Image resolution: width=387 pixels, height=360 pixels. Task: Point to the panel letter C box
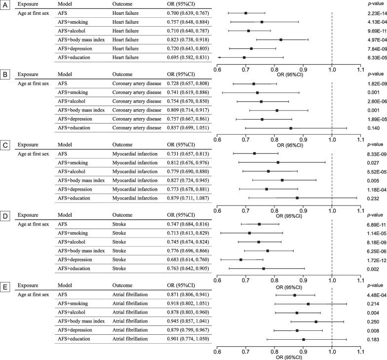pyautogui.click(x=5, y=145)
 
